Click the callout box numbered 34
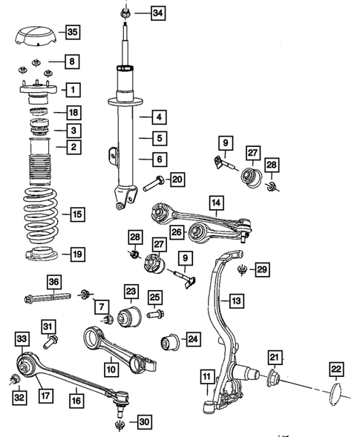(158, 13)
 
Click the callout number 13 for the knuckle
(235, 300)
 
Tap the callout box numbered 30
(143, 422)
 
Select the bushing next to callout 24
(170, 343)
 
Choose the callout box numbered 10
(110, 366)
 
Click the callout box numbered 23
(131, 292)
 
